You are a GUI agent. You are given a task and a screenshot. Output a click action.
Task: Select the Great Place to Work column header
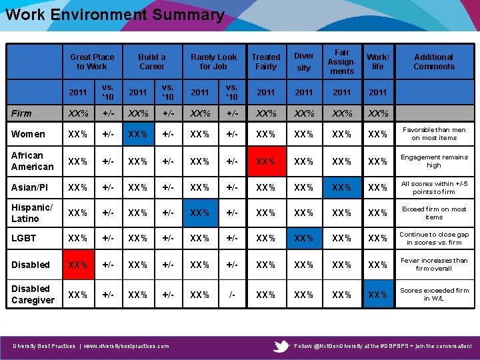point(92,62)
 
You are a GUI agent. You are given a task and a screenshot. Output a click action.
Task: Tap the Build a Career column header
point(152,62)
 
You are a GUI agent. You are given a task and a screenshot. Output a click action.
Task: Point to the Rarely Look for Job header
point(213,62)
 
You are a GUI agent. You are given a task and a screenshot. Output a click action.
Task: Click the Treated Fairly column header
point(266,62)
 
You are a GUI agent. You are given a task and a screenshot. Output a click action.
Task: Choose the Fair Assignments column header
point(342,61)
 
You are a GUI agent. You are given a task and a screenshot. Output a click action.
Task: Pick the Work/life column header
point(378,62)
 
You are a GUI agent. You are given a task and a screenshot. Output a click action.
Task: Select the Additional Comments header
point(433,62)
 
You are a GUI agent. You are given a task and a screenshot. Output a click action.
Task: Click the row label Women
point(29,134)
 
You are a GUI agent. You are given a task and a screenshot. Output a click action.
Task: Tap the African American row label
point(33,161)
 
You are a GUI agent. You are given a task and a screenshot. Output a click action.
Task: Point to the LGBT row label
point(24,238)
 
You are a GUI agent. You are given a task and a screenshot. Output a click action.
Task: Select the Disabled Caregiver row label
point(33,295)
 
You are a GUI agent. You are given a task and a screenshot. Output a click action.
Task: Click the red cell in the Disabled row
point(77,265)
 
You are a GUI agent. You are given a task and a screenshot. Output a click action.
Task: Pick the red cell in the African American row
point(266,161)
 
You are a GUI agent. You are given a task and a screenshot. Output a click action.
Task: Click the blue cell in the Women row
point(138,134)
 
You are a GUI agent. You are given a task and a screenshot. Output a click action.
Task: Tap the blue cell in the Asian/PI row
point(342,187)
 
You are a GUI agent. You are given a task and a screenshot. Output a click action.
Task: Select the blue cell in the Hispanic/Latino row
point(200,213)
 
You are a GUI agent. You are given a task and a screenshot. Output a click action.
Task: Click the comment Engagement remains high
point(433,161)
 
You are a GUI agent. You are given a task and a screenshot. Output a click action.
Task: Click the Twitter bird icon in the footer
point(282,346)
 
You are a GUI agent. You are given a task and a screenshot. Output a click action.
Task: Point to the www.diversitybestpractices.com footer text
point(126,346)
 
